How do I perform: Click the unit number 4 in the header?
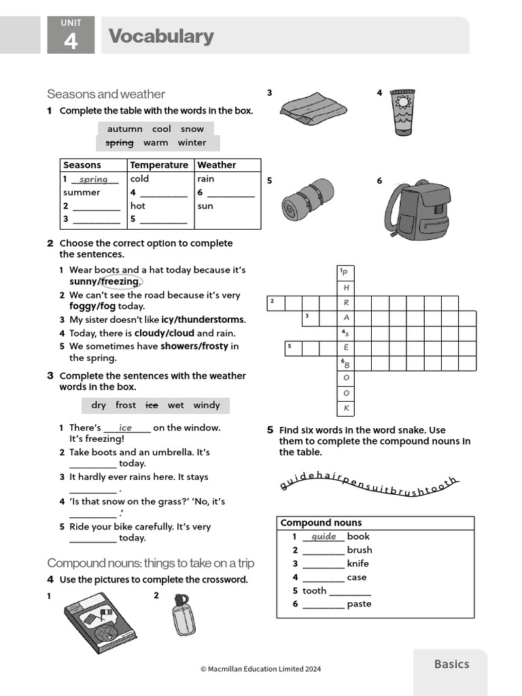click(71, 41)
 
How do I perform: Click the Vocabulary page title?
click(161, 36)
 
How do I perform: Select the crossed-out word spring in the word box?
click(120, 143)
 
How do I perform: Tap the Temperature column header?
click(159, 165)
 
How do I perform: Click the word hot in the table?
click(138, 206)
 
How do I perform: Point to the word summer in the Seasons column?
click(82, 192)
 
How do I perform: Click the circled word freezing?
click(120, 281)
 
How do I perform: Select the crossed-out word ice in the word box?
click(152, 405)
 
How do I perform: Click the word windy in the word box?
click(207, 405)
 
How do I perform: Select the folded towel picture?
click(312, 107)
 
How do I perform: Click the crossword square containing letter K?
click(346, 408)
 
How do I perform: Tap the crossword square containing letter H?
click(346, 288)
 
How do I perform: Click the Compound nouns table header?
click(311, 523)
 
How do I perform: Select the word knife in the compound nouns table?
click(358, 563)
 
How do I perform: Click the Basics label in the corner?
click(451, 664)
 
